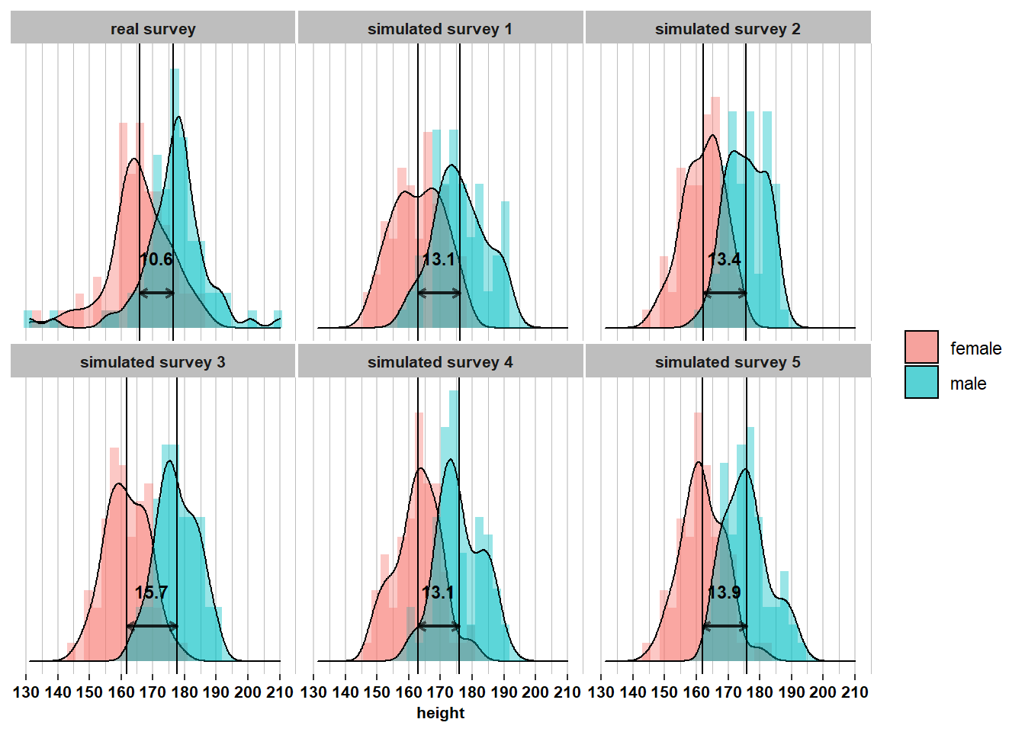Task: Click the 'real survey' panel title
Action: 153,29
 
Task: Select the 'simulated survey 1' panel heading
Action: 440,29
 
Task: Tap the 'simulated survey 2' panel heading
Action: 728,29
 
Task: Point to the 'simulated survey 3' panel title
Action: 153,362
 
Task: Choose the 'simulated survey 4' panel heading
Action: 440,362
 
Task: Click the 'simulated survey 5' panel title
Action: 728,362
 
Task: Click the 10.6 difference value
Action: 156,259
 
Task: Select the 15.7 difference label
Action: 151,592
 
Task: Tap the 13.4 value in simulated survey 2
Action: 725,259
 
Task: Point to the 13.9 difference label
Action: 725,592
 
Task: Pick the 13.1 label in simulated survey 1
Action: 439,259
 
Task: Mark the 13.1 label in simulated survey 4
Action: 438,592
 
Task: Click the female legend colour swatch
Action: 921,348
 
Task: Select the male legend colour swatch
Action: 921,383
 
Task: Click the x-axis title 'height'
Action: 440,713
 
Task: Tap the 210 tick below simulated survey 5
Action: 854,692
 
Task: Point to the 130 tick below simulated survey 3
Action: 27,692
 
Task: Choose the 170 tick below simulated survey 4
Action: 440,692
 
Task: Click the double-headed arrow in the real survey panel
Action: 156,293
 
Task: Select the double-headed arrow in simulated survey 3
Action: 152,626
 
